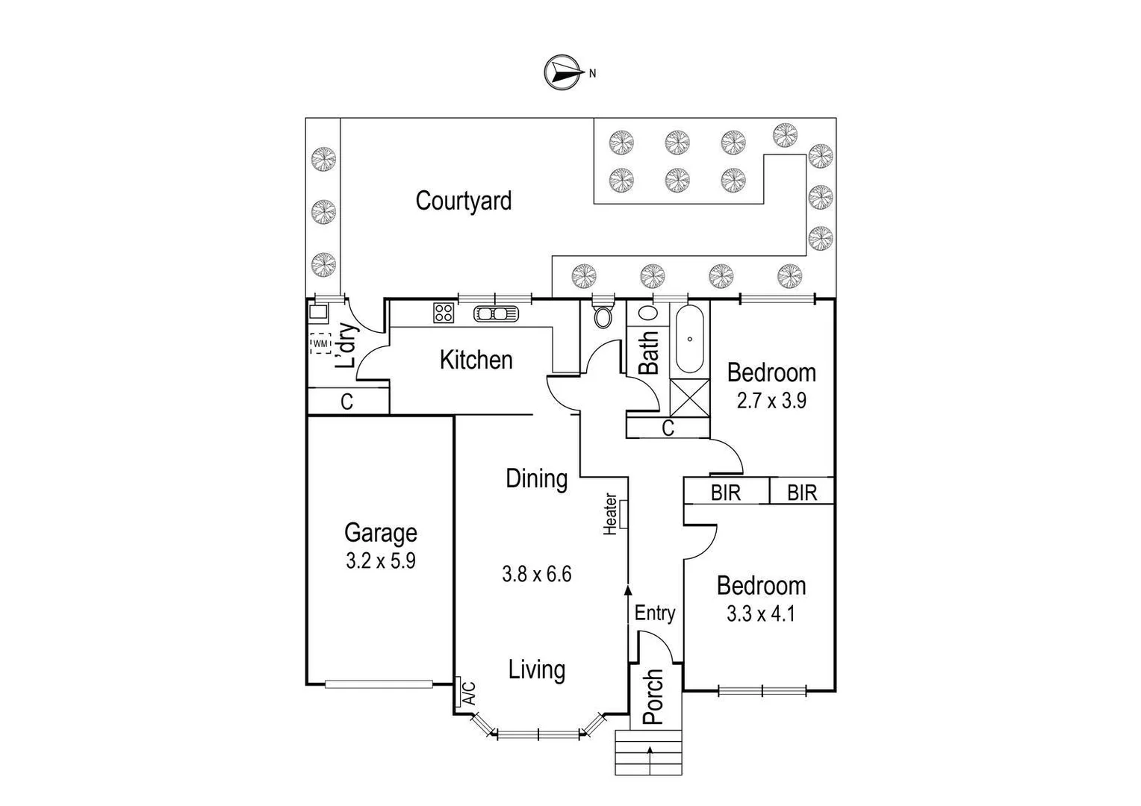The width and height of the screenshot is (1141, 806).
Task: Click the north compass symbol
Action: (x=564, y=72)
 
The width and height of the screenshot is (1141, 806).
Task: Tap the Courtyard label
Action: (x=463, y=201)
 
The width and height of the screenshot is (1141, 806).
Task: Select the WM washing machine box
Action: (x=320, y=343)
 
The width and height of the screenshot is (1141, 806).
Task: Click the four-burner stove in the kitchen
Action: (x=444, y=313)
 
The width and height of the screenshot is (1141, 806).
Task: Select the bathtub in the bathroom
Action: (x=689, y=339)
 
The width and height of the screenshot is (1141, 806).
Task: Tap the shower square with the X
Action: (x=688, y=398)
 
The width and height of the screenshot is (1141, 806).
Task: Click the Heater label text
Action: (x=610, y=513)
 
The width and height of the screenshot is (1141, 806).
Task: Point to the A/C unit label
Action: (x=469, y=693)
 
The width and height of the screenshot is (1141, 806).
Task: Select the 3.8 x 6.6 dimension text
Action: (x=536, y=574)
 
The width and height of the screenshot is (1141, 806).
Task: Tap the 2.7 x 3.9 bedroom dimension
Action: (x=771, y=401)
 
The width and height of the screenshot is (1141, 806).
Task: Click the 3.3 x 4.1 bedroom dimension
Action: (x=761, y=614)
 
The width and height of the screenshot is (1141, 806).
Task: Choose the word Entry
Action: (x=654, y=613)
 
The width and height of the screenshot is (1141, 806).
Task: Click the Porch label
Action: (x=653, y=696)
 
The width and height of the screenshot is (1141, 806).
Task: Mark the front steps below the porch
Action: (x=649, y=752)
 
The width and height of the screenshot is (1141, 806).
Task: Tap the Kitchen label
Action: (x=476, y=360)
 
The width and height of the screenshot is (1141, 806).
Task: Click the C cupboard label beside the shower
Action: (x=668, y=428)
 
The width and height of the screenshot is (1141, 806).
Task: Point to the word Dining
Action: (x=536, y=478)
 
